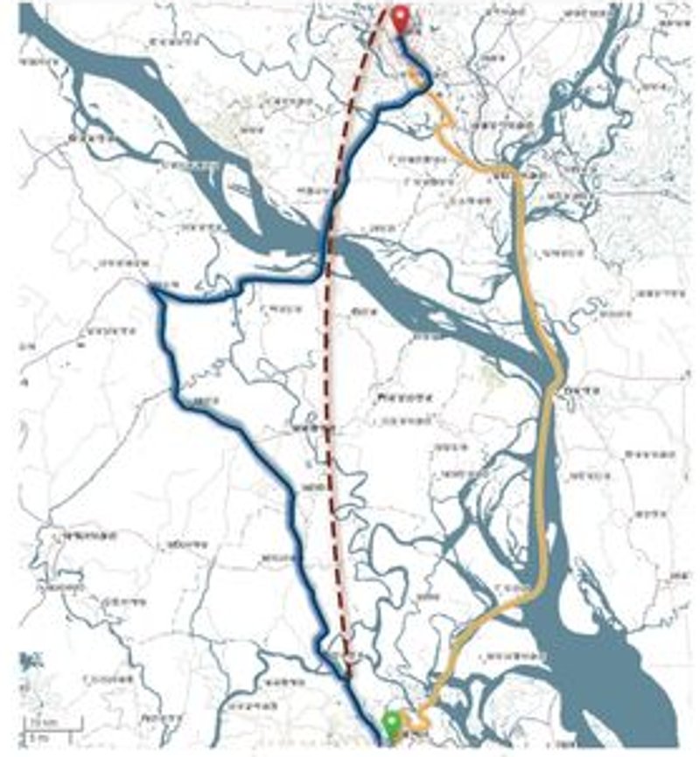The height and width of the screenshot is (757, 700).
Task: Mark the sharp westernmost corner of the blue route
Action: pyautogui.click(x=154, y=291)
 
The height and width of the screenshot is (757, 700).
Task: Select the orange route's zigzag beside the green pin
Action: pyautogui.click(x=421, y=717)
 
